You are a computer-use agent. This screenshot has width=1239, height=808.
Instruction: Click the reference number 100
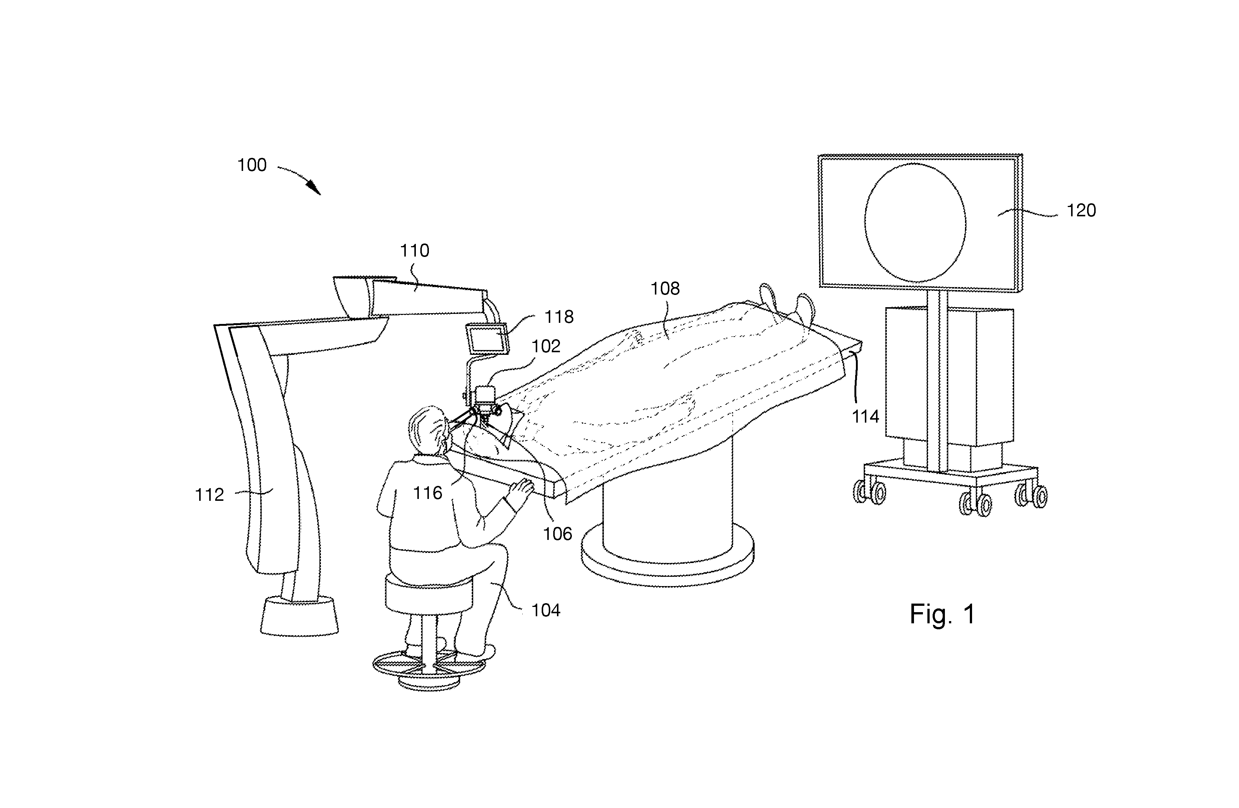click(252, 165)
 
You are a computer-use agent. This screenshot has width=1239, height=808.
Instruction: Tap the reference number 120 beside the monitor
click(1081, 210)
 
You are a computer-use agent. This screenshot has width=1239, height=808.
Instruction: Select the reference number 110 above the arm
click(414, 251)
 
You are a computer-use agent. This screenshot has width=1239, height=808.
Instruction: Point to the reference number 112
click(209, 494)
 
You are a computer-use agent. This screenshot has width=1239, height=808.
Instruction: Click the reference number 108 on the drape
click(665, 289)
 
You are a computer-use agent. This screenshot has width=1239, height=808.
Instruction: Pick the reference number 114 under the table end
click(865, 417)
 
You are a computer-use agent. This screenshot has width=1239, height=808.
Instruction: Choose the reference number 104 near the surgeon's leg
click(545, 610)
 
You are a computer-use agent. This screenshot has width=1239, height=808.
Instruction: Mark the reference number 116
click(427, 493)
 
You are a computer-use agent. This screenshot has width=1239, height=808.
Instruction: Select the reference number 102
click(545, 346)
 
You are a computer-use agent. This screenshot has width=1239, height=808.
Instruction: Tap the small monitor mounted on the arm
click(487, 338)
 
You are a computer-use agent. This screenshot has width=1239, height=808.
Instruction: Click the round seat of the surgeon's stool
click(429, 593)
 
